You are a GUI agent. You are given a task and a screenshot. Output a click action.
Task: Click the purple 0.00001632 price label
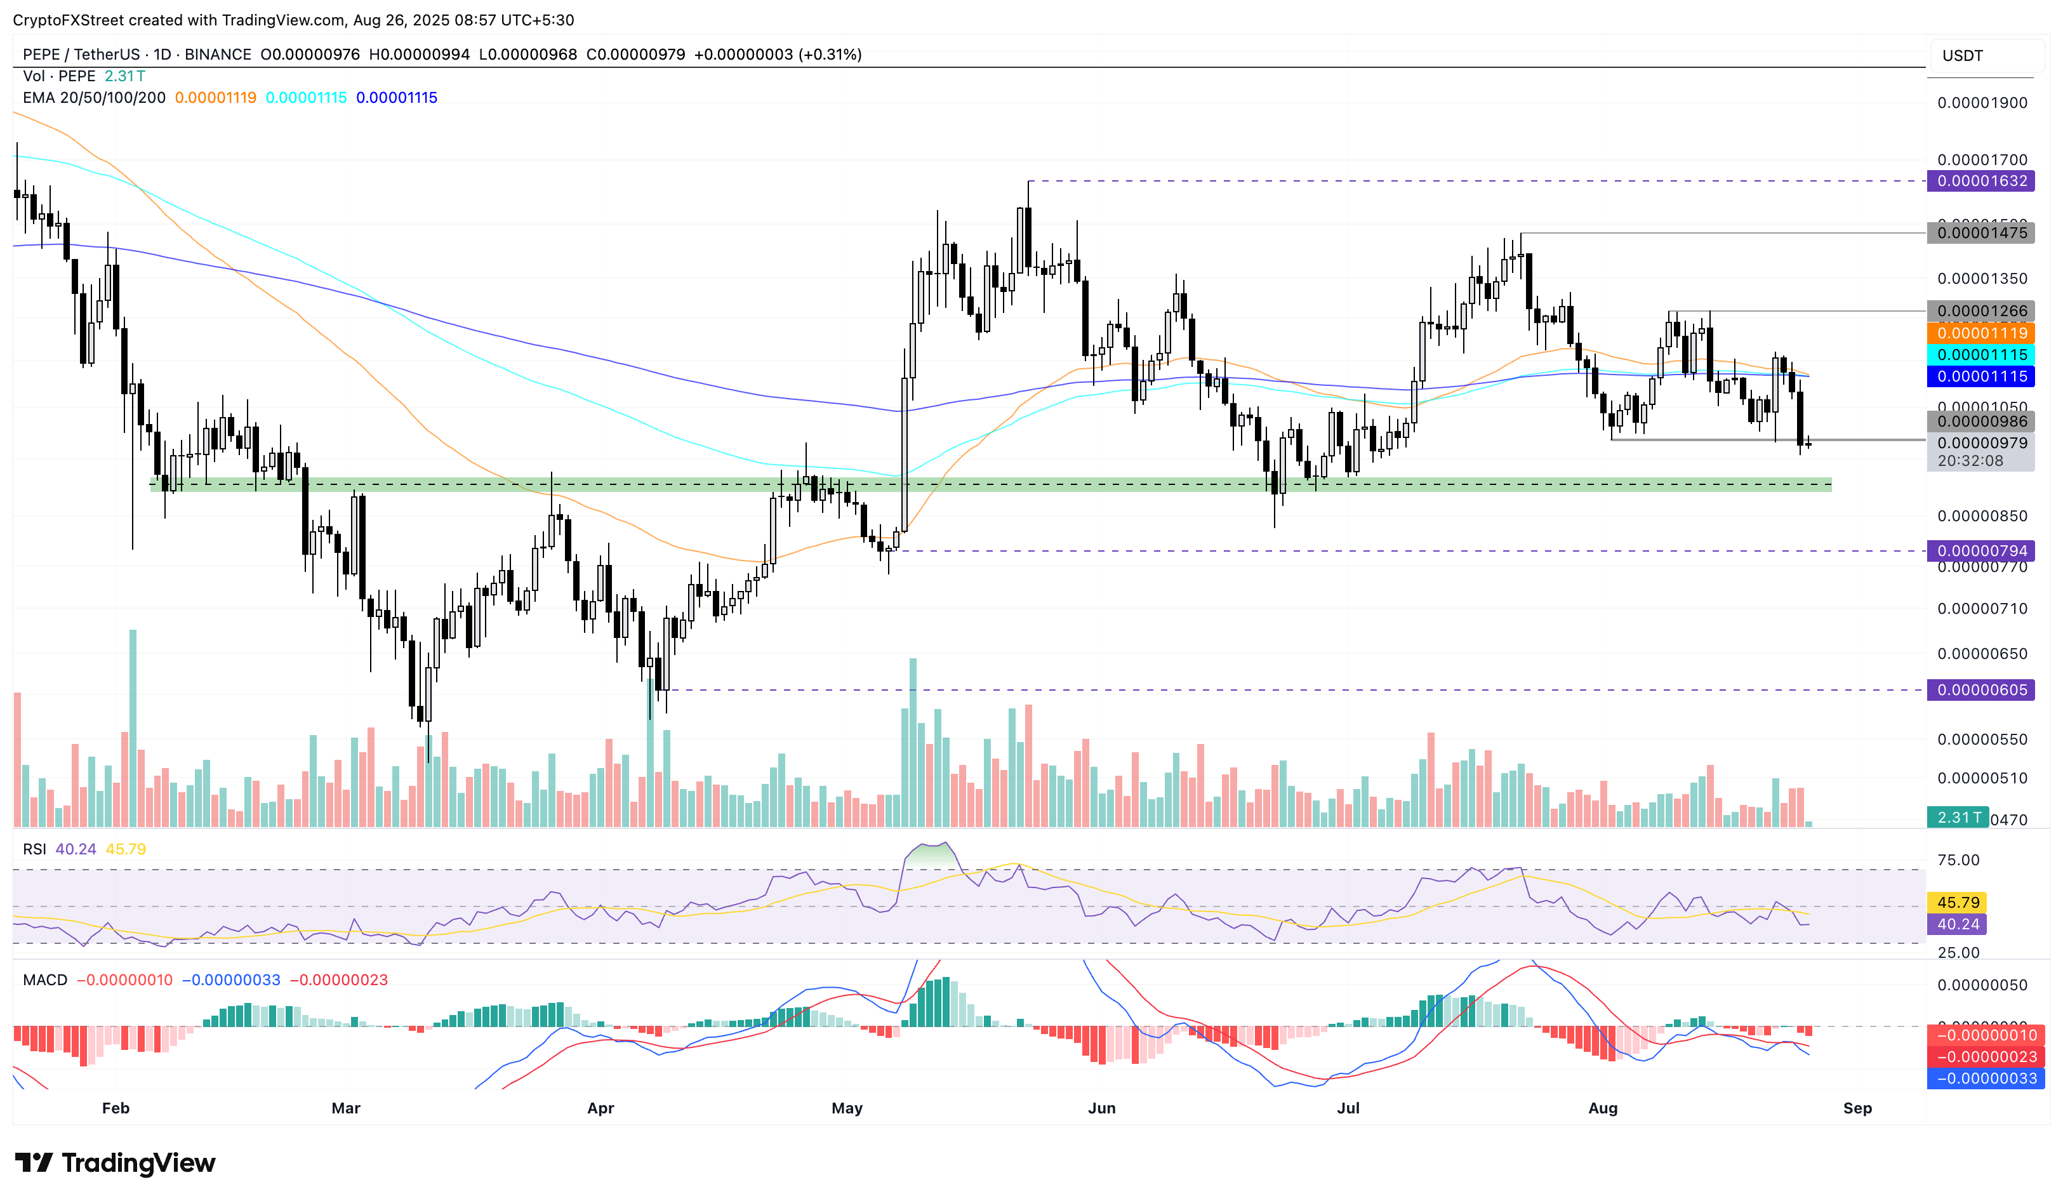(x=1981, y=181)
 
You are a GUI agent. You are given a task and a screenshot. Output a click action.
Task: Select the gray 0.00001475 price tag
(x=1981, y=234)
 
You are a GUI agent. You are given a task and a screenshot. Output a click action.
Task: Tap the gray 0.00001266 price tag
(x=1981, y=311)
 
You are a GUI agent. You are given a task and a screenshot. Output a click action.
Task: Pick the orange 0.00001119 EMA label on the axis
(x=1981, y=333)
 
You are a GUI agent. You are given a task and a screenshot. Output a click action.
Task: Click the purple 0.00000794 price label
(x=1981, y=551)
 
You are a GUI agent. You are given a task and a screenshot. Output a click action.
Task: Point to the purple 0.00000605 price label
(x=1981, y=690)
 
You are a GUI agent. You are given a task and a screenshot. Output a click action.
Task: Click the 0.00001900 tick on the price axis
(x=1981, y=103)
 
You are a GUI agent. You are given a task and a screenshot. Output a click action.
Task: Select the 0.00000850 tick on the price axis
(x=1981, y=517)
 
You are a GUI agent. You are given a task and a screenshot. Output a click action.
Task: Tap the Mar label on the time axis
(x=345, y=1108)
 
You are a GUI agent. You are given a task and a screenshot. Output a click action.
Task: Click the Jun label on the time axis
(x=1101, y=1108)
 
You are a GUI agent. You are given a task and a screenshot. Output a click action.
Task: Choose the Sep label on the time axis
(x=1857, y=1108)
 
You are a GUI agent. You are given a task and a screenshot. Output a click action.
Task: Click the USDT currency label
(x=1962, y=56)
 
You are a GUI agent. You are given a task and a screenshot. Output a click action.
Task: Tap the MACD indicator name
(x=45, y=981)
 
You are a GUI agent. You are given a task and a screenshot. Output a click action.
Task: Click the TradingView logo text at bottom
(x=138, y=1164)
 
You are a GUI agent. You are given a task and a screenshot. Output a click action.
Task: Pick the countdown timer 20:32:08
(x=1970, y=461)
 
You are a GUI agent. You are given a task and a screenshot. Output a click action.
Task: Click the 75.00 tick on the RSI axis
(x=1958, y=860)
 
